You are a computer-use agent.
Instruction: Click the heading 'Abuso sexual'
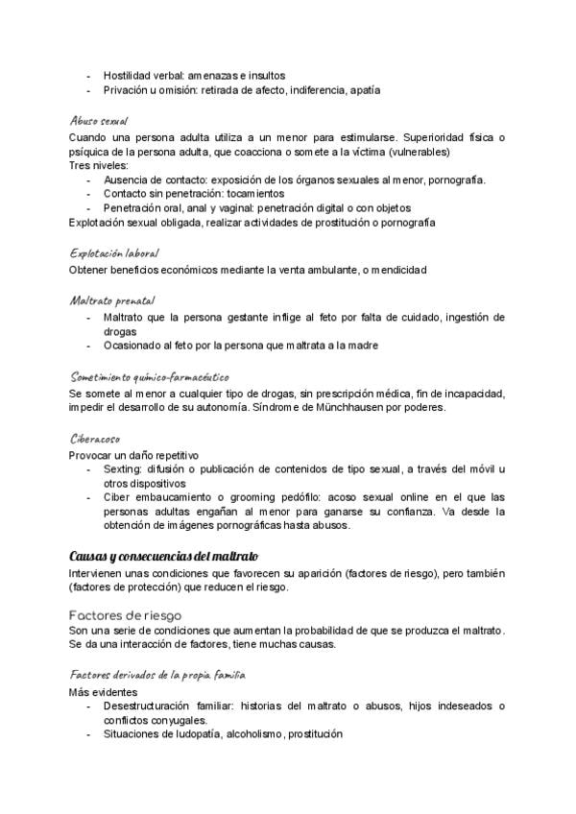point(100,122)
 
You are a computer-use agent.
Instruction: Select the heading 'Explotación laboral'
point(114,253)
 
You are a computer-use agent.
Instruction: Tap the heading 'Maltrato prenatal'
point(111,300)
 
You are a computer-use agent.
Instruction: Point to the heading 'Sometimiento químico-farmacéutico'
point(149,377)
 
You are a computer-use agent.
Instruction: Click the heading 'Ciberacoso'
point(95,439)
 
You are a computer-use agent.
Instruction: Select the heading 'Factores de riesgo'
point(126,613)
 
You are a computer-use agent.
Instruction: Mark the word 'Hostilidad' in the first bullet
point(128,75)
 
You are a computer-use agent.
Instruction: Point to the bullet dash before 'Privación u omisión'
point(89,90)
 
